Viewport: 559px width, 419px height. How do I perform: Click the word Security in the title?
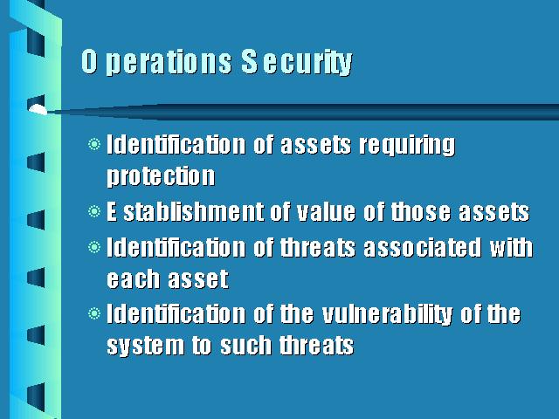point(297,62)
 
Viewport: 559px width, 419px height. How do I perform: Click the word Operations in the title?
point(156,62)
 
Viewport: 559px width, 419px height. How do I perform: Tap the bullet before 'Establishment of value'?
point(94,211)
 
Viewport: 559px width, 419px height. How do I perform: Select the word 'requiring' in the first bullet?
point(407,146)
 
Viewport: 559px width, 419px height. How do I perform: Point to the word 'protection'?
point(161,176)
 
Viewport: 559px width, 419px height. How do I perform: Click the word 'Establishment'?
point(185,211)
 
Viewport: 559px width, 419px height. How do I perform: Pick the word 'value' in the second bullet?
point(326,211)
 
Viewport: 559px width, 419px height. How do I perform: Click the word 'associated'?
point(422,247)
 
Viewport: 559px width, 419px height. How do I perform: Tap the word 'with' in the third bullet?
point(511,247)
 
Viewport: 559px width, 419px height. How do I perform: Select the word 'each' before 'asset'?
point(133,279)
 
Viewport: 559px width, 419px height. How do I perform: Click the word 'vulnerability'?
point(387,315)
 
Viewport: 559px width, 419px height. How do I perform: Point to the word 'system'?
point(146,346)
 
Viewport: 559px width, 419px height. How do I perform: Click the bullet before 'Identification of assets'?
point(94,144)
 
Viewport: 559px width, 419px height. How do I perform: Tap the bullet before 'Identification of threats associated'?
point(94,247)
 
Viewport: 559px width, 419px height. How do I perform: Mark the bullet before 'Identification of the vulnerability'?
point(94,313)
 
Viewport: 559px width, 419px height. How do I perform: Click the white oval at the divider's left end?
point(38,110)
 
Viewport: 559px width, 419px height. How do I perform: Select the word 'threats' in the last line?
point(316,346)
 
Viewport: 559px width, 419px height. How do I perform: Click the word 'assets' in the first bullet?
point(315,146)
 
